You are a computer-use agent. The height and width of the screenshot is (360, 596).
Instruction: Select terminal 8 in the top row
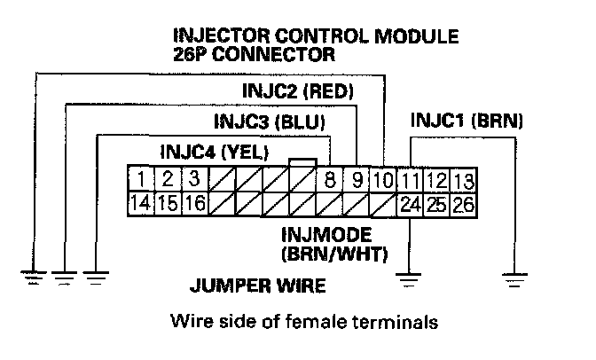coord(330,180)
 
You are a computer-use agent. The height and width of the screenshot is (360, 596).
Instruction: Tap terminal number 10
coord(383,180)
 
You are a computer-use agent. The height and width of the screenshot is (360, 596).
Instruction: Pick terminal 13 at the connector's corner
coord(462,180)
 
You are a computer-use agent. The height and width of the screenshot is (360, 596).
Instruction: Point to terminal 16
coord(196,204)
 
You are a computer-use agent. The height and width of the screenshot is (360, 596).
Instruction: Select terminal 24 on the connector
coord(410,204)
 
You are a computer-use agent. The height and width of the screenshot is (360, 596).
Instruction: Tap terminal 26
coord(462,204)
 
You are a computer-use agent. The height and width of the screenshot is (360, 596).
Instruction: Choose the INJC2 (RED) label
coord(298,90)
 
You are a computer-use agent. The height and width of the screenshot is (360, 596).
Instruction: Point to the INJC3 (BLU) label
coord(270,121)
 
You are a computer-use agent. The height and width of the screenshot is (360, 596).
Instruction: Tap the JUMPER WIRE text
coord(258,286)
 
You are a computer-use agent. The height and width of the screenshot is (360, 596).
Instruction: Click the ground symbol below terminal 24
coord(409,281)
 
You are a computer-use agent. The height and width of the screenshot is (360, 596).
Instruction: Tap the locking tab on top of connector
coord(302,162)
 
